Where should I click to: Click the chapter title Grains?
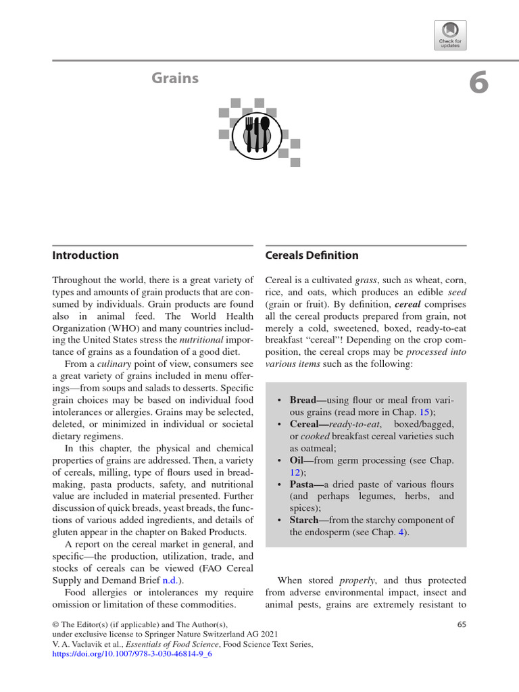coord(175,78)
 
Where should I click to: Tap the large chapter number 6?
coord(478,83)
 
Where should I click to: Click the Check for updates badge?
coord(450,34)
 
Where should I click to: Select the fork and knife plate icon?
coord(256,132)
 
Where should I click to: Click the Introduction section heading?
coord(85,255)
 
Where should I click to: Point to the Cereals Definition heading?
coord(312,255)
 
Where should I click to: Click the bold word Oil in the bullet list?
coord(298,460)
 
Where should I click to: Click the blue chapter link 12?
coord(295,472)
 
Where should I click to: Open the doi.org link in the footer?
coord(132,656)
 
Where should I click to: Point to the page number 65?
coord(462,625)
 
